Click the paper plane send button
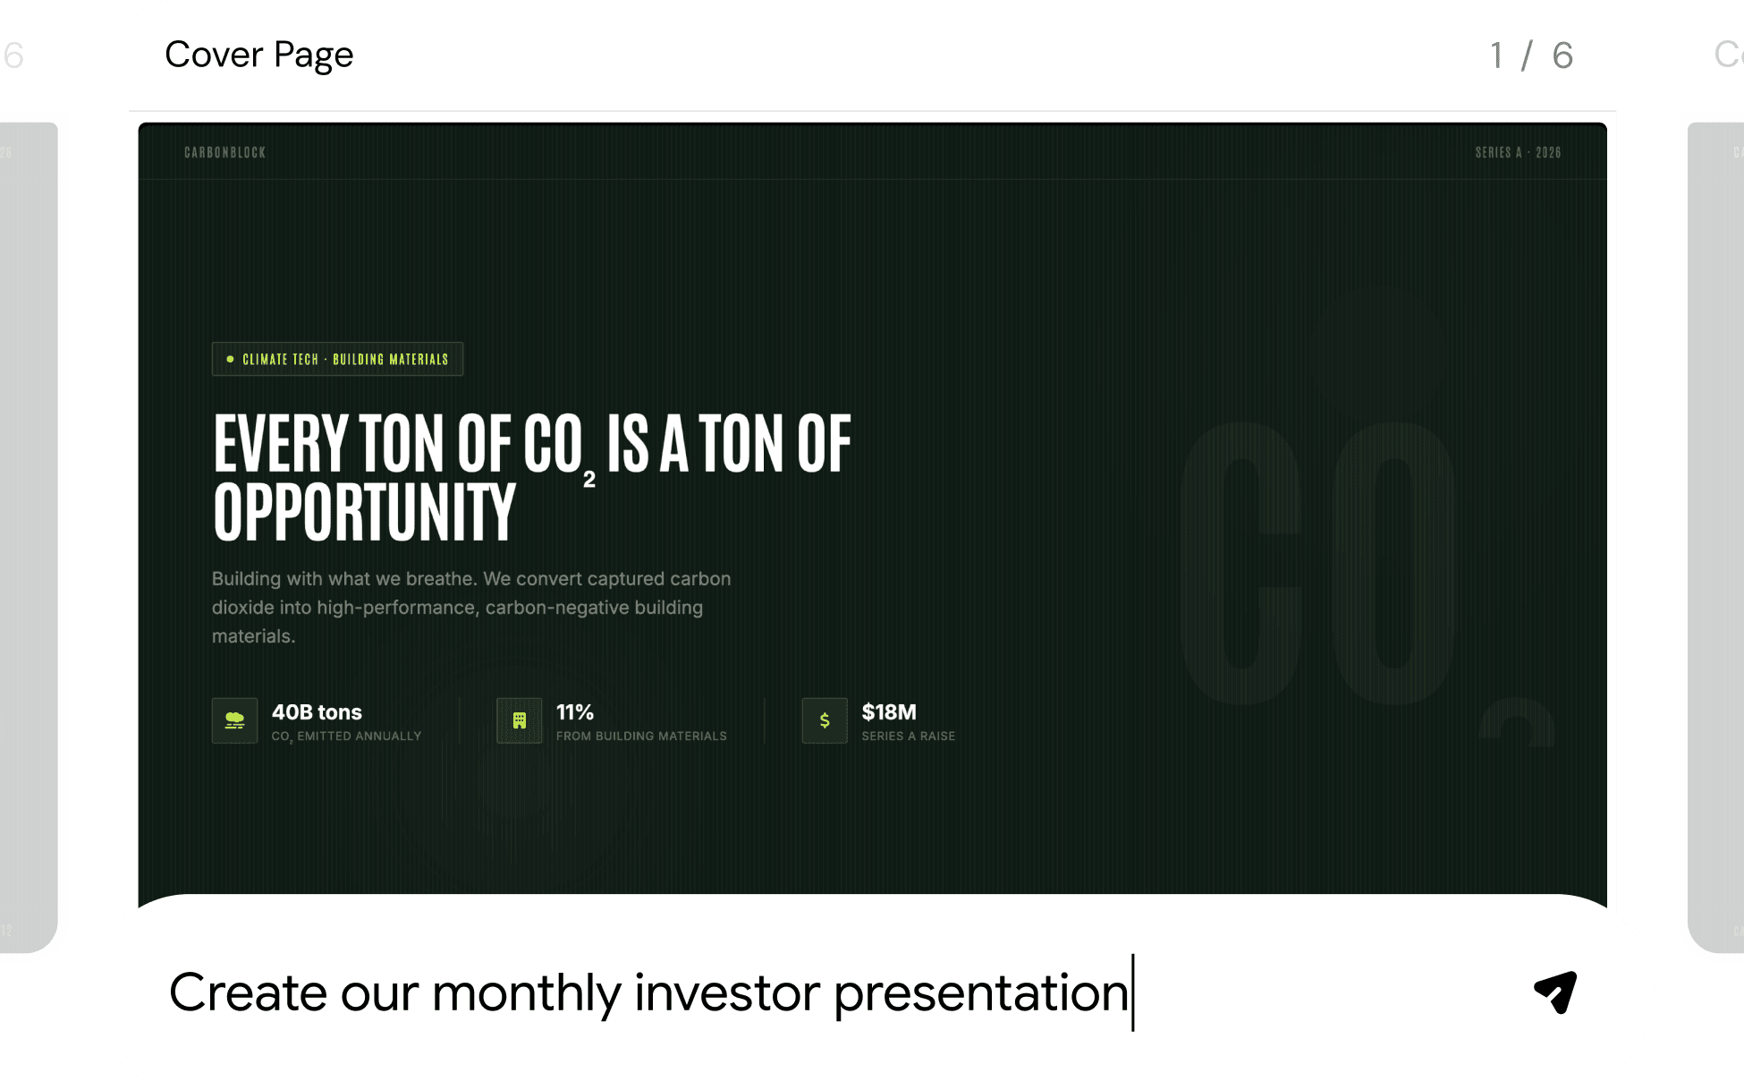click(x=1555, y=992)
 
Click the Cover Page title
click(x=259, y=55)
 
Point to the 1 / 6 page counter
click(x=1531, y=55)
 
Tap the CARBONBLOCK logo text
click(x=224, y=153)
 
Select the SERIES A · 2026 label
click(x=1518, y=153)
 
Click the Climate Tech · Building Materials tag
click(x=337, y=359)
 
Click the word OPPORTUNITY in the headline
click(x=365, y=512)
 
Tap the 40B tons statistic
click(x=317, y=712)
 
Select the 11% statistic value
click(x=575, y=712)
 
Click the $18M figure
click(x=889, y=712)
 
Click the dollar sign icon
click(x=825, y=720)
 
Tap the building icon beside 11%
click(x=520, y=720)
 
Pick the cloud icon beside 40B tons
click(x=235, y=720)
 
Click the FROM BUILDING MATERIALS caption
click(x=641, y=737)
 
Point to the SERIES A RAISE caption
click(x=909, y=737)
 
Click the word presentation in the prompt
click(x=981, y=994)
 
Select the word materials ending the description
click(x=253, y=636)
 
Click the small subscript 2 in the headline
click(x=589, y=480)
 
